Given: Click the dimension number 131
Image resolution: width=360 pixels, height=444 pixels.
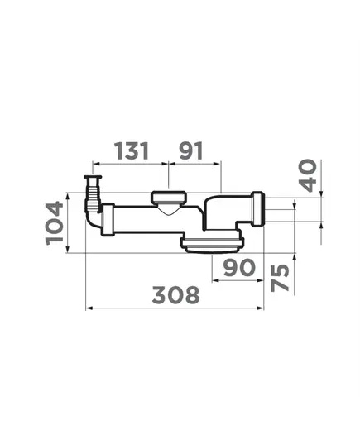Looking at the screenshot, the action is [132, 151].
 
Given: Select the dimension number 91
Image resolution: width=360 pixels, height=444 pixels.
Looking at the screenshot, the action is [191, 151].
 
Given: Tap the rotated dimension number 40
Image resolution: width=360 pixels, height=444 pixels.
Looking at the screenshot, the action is [308, 175].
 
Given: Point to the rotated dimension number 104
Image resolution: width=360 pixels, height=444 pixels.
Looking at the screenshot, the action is [54, 223].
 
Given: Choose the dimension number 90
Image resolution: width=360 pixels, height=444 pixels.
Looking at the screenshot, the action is [239, 267].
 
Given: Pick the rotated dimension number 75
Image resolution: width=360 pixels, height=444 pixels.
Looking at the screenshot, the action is [280, 278].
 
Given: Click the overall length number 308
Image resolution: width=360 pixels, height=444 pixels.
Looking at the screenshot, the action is [176, 295].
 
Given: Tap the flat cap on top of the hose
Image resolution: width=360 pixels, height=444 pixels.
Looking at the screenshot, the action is [93, 177].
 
